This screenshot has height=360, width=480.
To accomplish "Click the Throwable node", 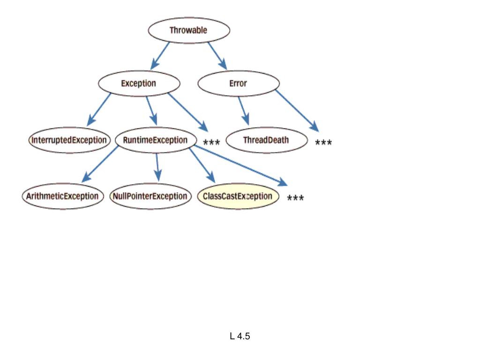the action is click(189, 30).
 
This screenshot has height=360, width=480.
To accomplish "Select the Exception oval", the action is click(139, 83).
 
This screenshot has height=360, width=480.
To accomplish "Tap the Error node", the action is click(239, 83).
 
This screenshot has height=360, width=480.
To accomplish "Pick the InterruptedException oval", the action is click(69, 140).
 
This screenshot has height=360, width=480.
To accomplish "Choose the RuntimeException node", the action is click(156, 140).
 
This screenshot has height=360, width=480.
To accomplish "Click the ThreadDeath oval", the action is click(267, 140).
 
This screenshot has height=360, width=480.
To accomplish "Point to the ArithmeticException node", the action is click(63, 196).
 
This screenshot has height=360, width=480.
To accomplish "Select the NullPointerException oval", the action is click(150, 196).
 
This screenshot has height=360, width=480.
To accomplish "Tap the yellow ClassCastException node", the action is click(238, 196).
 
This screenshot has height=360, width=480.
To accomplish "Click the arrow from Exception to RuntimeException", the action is click(152, 111).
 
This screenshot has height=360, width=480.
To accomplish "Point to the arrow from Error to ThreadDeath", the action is click(244, 111).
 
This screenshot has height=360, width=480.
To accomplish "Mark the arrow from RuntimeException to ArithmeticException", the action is click(100, 165).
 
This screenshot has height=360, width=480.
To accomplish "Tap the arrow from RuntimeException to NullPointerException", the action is click(157, 167).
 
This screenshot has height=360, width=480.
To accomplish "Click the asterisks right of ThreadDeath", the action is click(323, 142).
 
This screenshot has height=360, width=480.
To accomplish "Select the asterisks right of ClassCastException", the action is click(295, 198).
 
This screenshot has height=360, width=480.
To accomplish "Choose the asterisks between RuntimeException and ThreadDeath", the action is click(211, 142).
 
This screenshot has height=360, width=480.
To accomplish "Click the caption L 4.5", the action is click(240, 336).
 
